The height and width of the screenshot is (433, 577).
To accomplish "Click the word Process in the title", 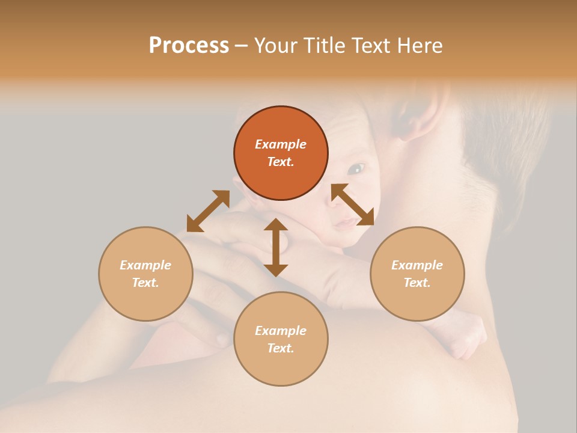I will coord(189,46).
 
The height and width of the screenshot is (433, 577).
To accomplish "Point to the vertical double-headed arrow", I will coord(276,247).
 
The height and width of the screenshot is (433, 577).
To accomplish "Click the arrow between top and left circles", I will coord(208,211).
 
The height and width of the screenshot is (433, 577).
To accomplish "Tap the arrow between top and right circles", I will coord(353,204).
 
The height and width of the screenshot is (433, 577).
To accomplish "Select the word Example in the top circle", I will coord(281,144).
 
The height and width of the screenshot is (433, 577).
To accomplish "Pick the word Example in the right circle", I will coord(417,265).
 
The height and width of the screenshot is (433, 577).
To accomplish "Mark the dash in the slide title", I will coord(242,46).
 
